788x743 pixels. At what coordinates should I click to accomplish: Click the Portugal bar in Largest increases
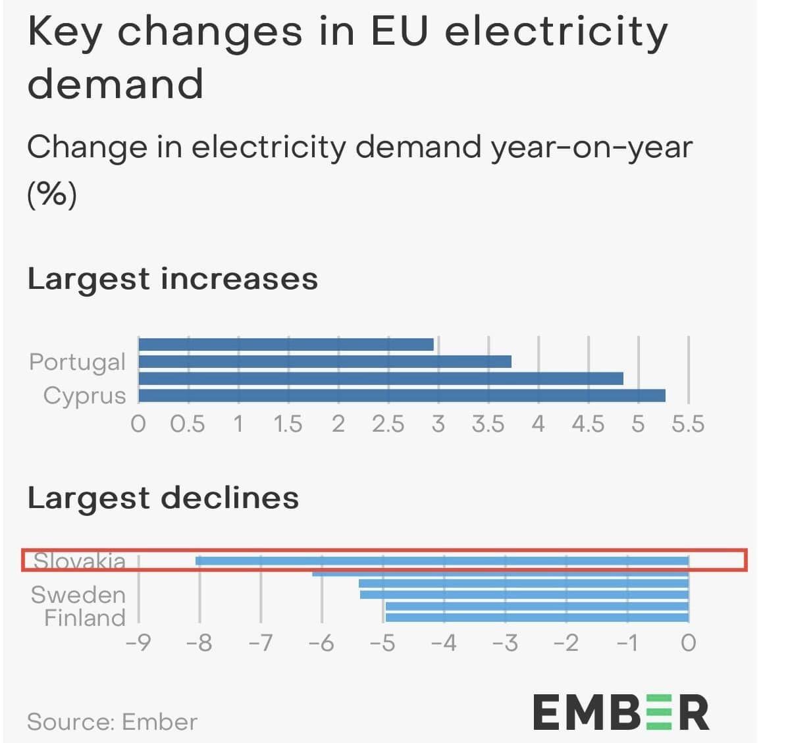[x=325, y=361]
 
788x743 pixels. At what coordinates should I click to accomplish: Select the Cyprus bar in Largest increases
[x=402, y=396]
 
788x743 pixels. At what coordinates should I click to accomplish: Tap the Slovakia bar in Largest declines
[x=442, y=561]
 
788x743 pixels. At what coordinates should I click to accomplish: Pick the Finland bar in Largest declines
[x=537, y=617]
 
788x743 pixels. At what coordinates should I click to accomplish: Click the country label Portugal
[x=77, y=361]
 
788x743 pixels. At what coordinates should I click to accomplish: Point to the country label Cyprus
[x=84, y=396]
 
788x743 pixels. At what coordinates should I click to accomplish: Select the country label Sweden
[x=78, y=594]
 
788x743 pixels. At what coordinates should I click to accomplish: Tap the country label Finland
[x=84, y=617]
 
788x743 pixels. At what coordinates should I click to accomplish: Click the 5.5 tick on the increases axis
[x=688, y=424]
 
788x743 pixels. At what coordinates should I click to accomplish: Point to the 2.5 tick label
[x=388, y=424]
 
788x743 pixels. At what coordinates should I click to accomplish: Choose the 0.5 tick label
[x=188, y=424]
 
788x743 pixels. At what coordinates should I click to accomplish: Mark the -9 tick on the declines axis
[x=138, y=642]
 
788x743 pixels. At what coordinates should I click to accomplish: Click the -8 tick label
[x=199, y=642]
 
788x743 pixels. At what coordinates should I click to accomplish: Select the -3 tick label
[x=505, y=642]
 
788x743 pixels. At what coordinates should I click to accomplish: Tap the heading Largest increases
[x=172, y=278]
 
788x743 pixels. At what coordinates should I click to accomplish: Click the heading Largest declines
[x=163, y=498]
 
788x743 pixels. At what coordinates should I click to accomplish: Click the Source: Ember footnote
[x=112, y=722]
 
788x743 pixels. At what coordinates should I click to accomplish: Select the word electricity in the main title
[x=556, y=32]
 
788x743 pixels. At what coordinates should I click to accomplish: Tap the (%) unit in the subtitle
[x=52, y=194]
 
